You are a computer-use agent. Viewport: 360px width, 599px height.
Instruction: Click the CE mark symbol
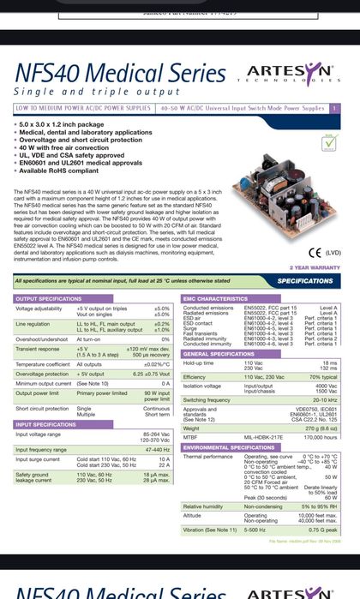pyautogui.click(x=314, y=253)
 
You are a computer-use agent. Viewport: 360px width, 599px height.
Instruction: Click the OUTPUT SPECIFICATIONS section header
pyautogui.click(x=50, y=298)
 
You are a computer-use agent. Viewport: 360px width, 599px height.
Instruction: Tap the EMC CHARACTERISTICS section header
pyautogui.click(x=216, y=298)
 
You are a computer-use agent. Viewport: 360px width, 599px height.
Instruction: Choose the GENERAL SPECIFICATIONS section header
pyautogui.click(x=219, y=354)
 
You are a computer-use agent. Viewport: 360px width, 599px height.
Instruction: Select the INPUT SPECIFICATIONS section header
pyautogui.click(x=47, y=424)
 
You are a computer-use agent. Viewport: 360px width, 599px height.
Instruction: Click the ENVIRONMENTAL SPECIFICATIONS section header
pyautogui.click(x=229, y=447)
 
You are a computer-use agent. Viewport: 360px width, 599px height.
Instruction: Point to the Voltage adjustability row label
pyautogui.click(x=39, y=308)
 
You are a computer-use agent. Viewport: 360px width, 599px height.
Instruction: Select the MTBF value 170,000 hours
pyautogui.click(x=320, y=437)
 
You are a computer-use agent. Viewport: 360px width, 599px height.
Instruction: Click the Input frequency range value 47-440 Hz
pyautogui.click(x=157, y=448)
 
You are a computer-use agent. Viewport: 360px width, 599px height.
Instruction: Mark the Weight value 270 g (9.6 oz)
pyautogui.click(x=321, y=428)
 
